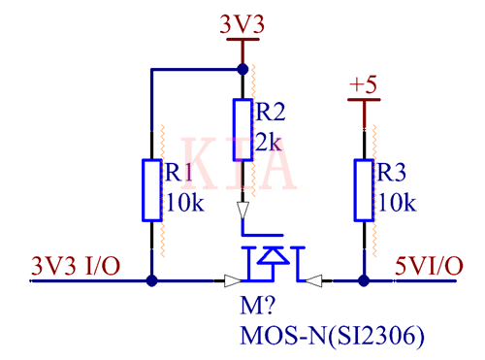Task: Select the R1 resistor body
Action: pyautogui.click(x=151, y=189)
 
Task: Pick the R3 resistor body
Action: pyautogui.click(x=364, y=189)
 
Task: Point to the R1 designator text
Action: pyautogui.click(x=179, y=173)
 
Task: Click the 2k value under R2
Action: pyautogui.click(x=268, y=143)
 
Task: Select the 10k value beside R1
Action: pyautogui.click(x=183, y=203)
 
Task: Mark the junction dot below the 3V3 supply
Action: pyautogui.click(x=242, y=70)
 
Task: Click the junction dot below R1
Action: pyautogui.click(x=151, y=281)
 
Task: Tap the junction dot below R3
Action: pyautogui.click(x=364, y=281)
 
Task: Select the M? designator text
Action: pyautogui.click(x=254, y=310)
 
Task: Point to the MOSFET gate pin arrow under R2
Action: pyautogui.click(x=242, y=209)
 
